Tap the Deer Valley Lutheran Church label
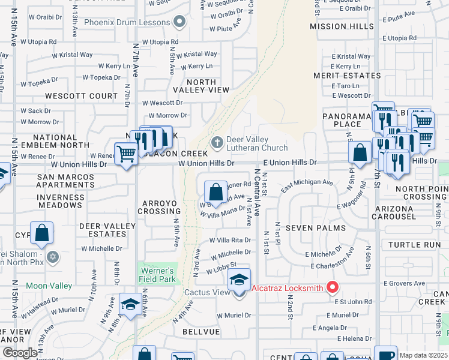(x=256, y=143)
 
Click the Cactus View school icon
(x=239, y=280)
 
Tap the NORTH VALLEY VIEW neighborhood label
(x=200, y=86)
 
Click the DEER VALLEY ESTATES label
(x=107, y=230)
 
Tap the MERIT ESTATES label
(x=346, y=76)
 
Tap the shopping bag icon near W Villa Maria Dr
(x=215, y=193)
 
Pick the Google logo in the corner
(x=20, y=353)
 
